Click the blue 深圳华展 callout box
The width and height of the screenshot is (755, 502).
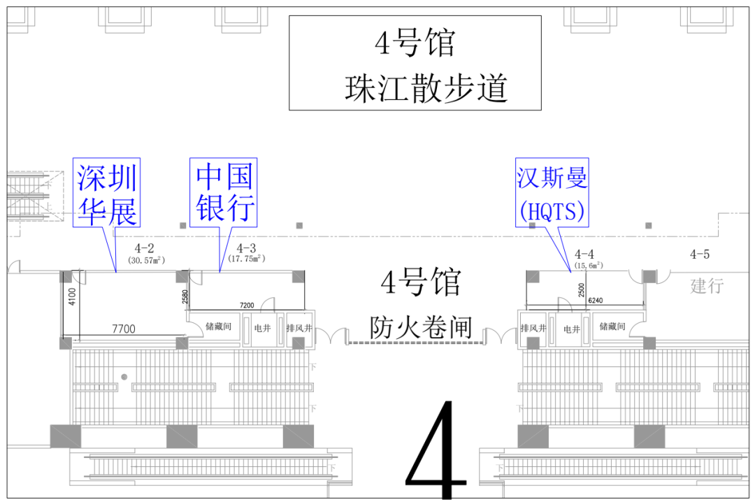coord(107,192)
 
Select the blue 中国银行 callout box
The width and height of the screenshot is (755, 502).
coord(224,192)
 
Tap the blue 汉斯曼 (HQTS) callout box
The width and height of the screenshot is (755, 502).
coord(552,192)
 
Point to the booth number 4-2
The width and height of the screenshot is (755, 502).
coord(145,248)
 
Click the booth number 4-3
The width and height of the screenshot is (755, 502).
coord(246,248)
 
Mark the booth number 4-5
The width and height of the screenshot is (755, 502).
coord(699,254)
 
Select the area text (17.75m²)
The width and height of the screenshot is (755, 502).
coord(246,259)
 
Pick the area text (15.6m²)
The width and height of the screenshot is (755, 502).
coord(587,266)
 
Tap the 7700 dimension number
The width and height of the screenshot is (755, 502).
coord(123,329)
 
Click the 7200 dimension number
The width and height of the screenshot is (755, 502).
coord(247,306)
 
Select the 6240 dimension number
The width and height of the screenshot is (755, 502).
coord(596,300)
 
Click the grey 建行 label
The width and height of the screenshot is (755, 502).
coord(707,285)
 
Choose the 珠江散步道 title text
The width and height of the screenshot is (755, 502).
coord(425,89)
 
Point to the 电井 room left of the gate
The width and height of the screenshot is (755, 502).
coord(262,327)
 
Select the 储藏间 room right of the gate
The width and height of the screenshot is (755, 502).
coord(614,327)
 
